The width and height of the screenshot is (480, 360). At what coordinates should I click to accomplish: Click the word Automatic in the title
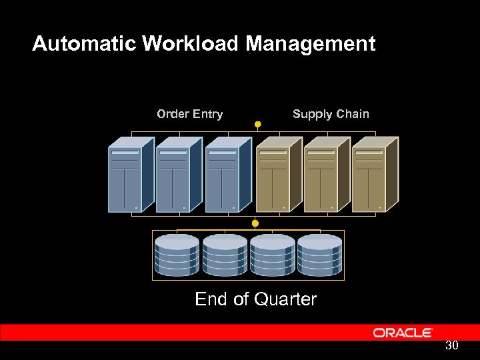click(84, 44)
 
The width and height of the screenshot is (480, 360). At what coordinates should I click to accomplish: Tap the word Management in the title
click(311, 44)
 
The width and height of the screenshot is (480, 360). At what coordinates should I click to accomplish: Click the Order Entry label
click(189, 114)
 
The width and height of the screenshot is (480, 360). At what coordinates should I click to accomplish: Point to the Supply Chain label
click(331, 114)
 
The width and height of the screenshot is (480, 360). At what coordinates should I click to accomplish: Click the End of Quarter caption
click(255, 299)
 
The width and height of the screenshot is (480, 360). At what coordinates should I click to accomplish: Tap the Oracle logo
click(403, 333)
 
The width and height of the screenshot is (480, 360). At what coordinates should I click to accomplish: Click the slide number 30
click(452, 345)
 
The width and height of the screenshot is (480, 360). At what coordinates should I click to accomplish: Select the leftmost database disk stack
click(177, 255)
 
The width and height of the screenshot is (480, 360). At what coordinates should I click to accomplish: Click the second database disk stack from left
click(225, 255)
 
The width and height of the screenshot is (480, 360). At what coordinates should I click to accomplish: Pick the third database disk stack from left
click(272, 255)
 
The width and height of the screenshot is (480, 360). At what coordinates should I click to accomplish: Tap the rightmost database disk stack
click(320, 255)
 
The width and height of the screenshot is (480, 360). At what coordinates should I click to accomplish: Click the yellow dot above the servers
click(257, 124)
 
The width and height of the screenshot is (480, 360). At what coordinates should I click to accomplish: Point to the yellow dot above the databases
click(255, 223)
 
